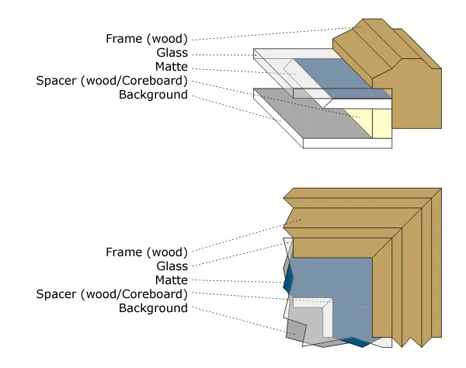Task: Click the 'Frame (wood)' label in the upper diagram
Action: pyautogui.click(x=147, y=38)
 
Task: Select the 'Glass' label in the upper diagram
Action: pyautogui.click(x=172, y=53)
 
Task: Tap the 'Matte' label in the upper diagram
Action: pyautogui.click(x=171, y=67)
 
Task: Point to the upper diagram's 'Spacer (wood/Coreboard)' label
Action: pyautogui.click(x=112, y=81)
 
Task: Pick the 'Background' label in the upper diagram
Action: pyautogui.click(x=153, y=95)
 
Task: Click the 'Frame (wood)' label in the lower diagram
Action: pyautogui.click(x=147, y=252)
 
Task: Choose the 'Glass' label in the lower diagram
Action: pyautogui.click(x=172, y=266)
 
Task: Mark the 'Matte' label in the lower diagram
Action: pyautogui.click(x=171, y=280)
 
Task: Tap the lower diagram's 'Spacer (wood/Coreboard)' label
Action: pyautogui.click(x=112, y=294)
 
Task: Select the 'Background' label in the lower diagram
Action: pyautogui.click(x=153, y=308)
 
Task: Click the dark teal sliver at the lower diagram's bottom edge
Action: pyautogui.click(x=354, y=342)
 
